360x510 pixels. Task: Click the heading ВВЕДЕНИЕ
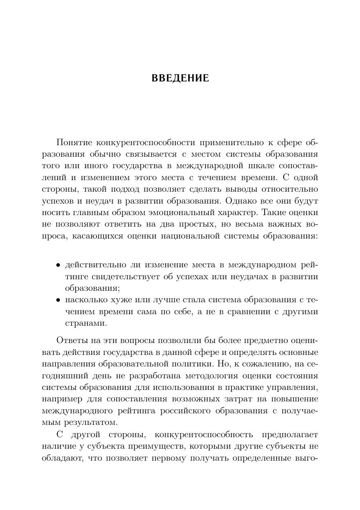click(180, 78)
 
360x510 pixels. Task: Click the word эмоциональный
click(177, 213)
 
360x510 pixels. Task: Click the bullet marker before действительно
click(58, 265)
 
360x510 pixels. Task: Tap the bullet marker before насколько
click(58, 300)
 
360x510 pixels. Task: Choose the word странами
click(86, 323)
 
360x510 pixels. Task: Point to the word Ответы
click(72, 341)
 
